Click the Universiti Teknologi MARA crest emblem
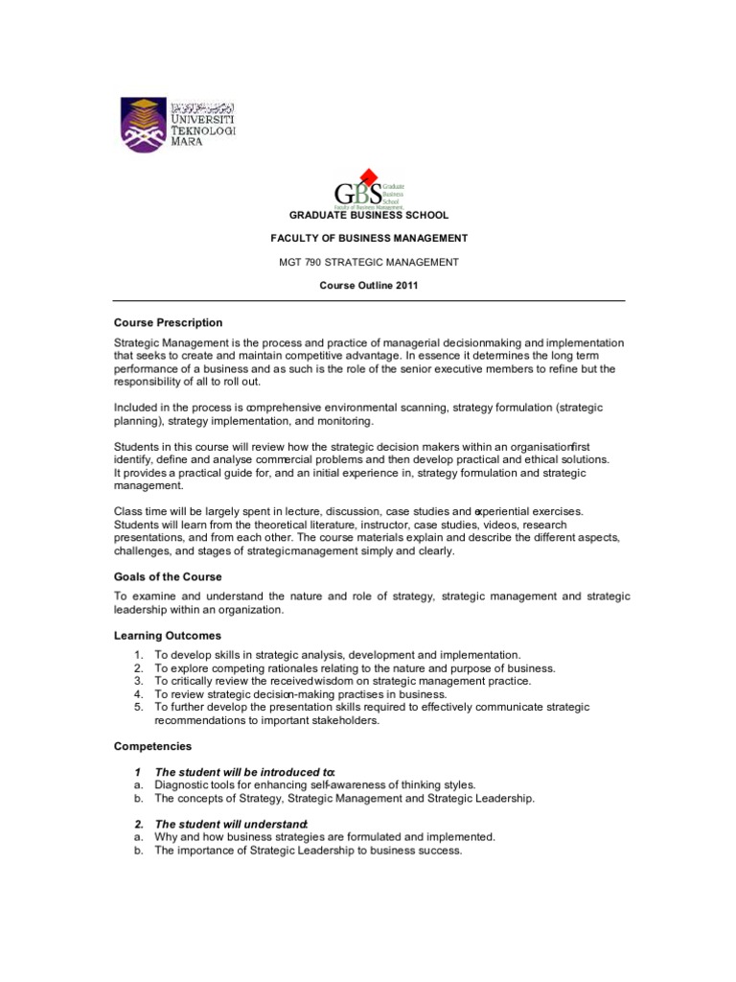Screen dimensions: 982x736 click(x=142, y=125)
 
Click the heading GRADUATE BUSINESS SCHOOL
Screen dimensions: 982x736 click(x=368, y=215)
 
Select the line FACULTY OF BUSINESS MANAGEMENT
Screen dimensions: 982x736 click(x=368, y=238)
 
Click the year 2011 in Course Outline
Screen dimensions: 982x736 click(x=404, y=286)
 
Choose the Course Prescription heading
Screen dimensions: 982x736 click(x=169, y=322)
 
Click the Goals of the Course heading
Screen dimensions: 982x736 click(x=168, y=576)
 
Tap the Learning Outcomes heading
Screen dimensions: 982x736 click(x=168, y=635)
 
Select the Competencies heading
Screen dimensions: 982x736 click(x=153, y=745)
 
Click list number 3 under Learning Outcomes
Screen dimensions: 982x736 click(x=139, y=681)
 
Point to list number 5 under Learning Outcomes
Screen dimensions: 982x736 click(x=139, y=707)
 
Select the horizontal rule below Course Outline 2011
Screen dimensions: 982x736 click(x=369, y=301)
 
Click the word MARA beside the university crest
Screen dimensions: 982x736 click(x=186, y=140)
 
